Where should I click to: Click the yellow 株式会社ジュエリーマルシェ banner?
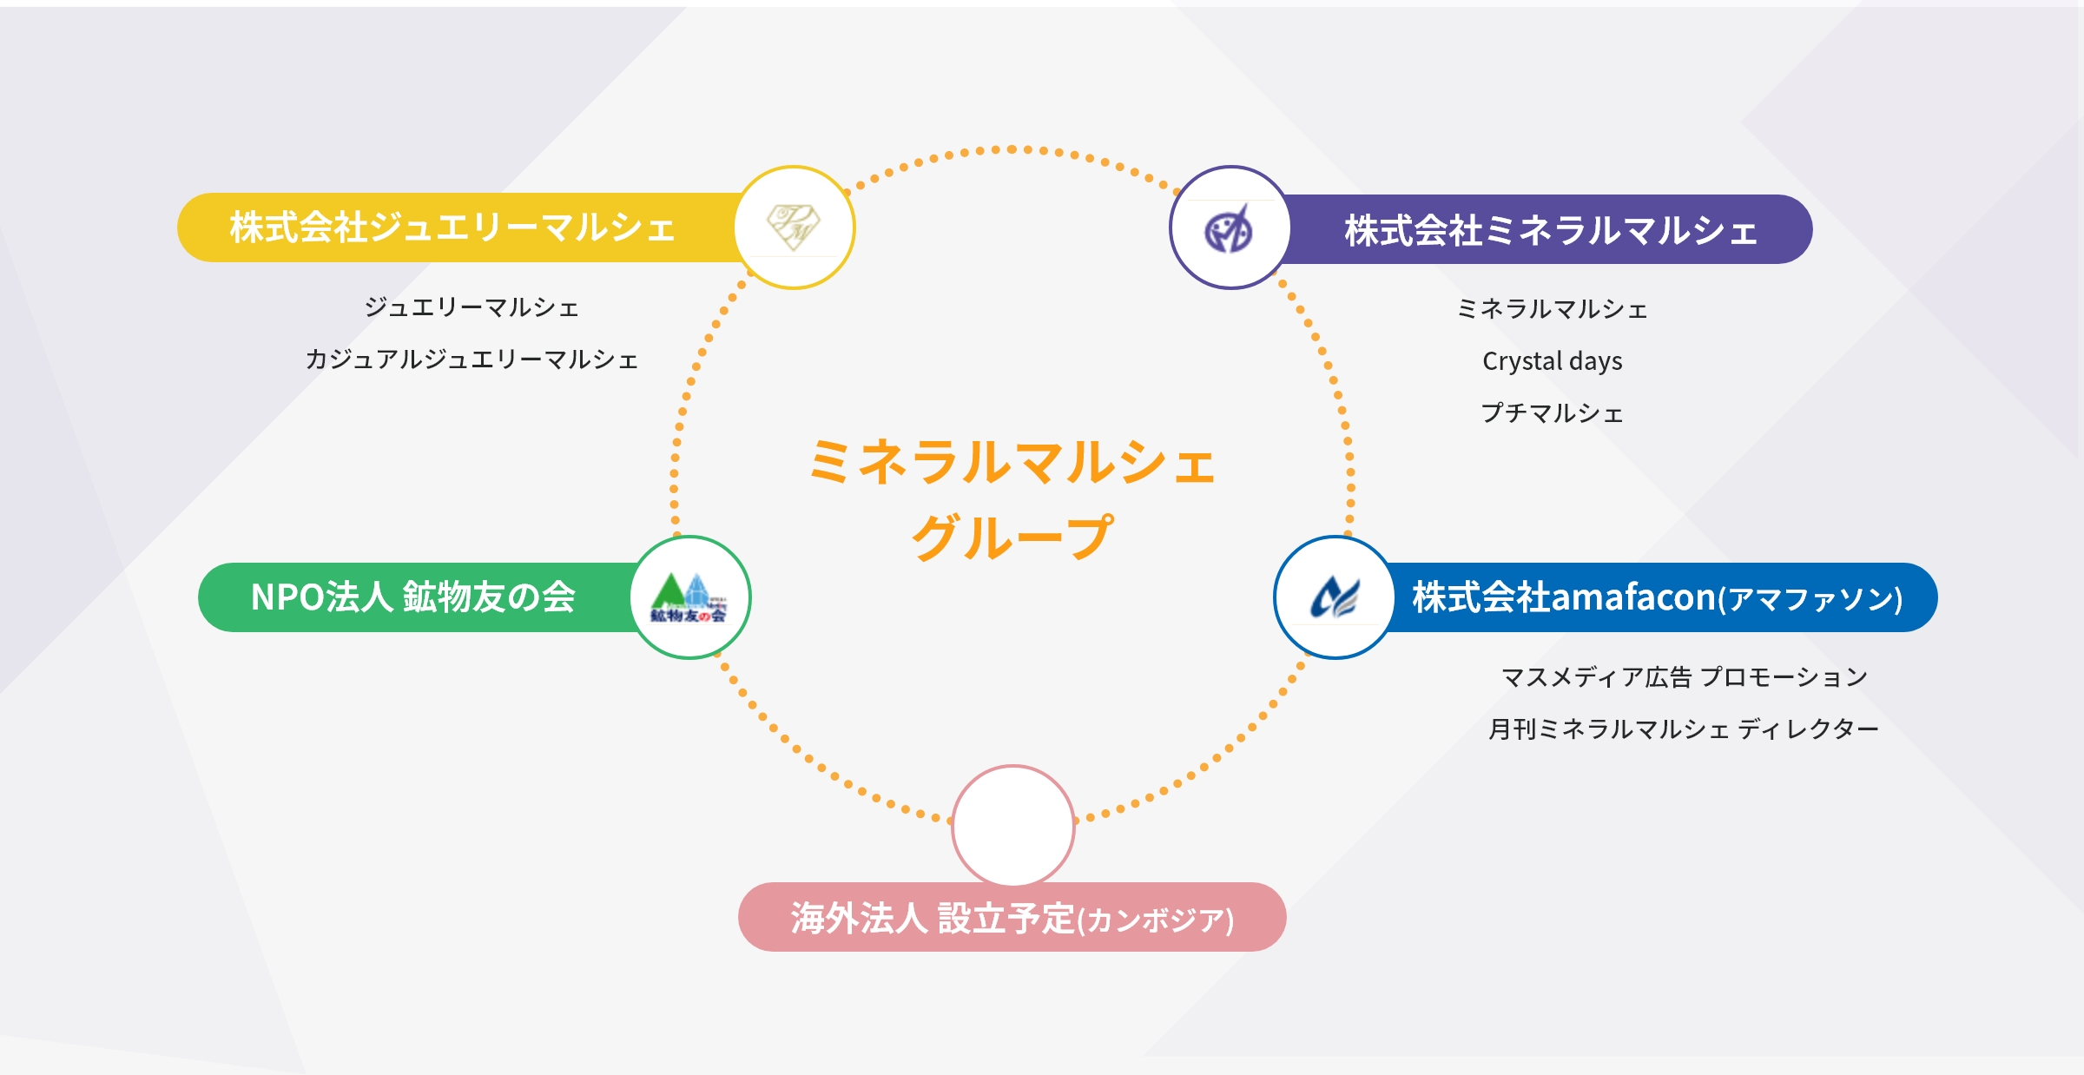click(452, 228)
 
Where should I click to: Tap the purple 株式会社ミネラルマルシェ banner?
click(1551, 230)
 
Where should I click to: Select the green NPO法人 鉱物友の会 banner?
click(413, 597)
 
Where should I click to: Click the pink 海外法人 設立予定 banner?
click(1012, 918)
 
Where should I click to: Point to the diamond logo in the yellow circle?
click(794, 227)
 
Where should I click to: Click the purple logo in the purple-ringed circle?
click(1229, 228)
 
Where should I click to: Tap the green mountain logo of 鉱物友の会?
click(689, 597)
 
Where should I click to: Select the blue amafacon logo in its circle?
click(1335, 597)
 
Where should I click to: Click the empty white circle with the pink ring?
click(1013, 825)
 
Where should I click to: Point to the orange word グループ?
click(1012, 537)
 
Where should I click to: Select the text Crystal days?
click(1552, 360)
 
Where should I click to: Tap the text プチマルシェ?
click(1552, 412)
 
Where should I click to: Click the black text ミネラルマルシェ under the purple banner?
click(1552, 308)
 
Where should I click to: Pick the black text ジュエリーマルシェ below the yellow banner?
click(472, 307)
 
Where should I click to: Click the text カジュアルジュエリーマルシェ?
click(472, 359)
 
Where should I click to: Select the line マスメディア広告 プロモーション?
click(1684, 676)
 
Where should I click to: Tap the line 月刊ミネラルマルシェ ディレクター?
click(1684, 729)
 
